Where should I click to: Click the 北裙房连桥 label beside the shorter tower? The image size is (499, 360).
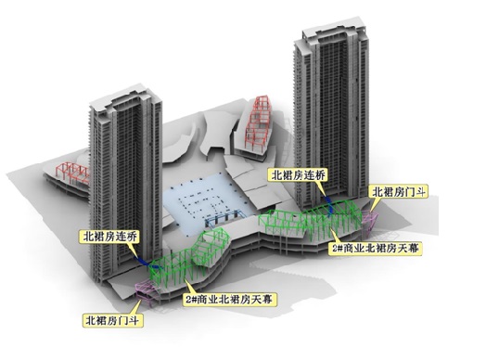[109, 238]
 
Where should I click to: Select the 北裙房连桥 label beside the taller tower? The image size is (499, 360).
[297, 174]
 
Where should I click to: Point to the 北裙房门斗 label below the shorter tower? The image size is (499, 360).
[109, 320]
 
